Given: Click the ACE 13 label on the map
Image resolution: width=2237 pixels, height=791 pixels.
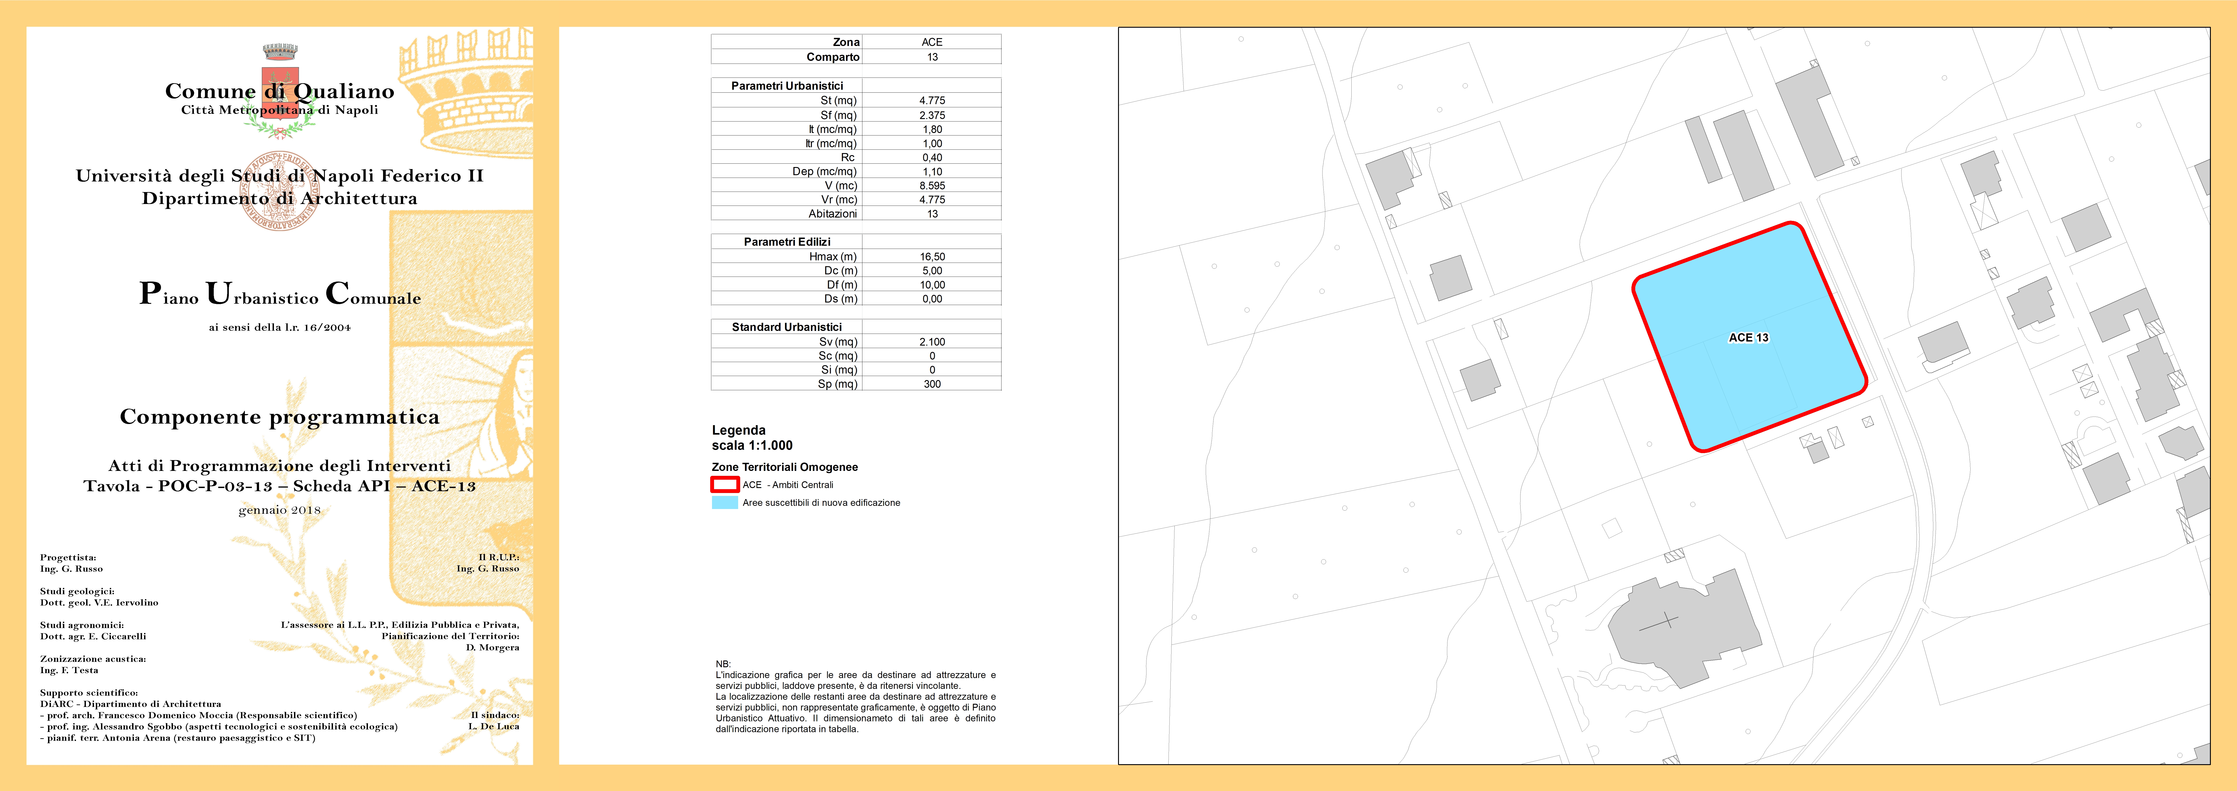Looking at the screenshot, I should (x=1748, y=338).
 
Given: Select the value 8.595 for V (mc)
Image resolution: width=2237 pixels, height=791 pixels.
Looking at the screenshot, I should (x=932, y=186).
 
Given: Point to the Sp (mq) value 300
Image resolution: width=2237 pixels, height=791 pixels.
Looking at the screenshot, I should (x=932, y=384).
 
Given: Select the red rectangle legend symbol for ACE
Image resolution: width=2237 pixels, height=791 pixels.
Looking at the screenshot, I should (x=724, y=484).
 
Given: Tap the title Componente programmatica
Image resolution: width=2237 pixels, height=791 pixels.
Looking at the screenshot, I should (x=280, y=417).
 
